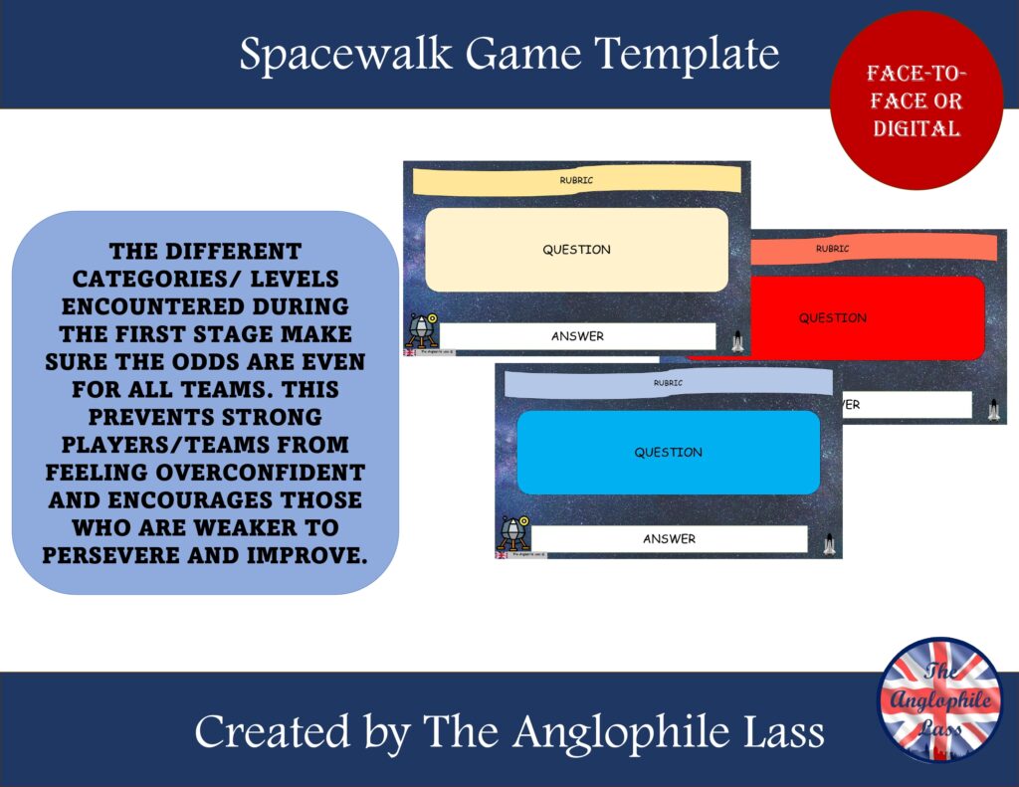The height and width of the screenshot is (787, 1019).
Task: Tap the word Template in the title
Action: (x=688, y=55)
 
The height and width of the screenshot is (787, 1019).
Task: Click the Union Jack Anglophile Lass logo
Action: (x=940, y=700)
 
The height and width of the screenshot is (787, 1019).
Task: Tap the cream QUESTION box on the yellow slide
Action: (x=576, y=250)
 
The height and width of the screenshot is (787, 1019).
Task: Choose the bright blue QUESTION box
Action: (x=668, y=453)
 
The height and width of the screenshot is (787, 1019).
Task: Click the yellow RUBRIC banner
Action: (x=576, y=180)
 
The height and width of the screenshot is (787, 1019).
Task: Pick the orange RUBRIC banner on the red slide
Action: (x=876, y=249)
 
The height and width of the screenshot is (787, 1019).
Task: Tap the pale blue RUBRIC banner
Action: (x=668, y=382)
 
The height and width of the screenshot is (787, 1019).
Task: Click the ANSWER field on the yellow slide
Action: (x=577, y=336)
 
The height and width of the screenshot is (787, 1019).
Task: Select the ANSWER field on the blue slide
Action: (x=669, y=539)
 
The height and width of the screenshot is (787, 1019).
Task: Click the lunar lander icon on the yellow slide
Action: (x=421, y=329)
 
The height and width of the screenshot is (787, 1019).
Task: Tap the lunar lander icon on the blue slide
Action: (x=512, y=531)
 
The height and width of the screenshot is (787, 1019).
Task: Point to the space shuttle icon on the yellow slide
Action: (x=737, y=341)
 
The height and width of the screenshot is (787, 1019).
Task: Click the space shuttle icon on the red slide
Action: (x=993, y=410)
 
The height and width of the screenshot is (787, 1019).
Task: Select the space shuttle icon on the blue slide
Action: (x=829, y=543)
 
